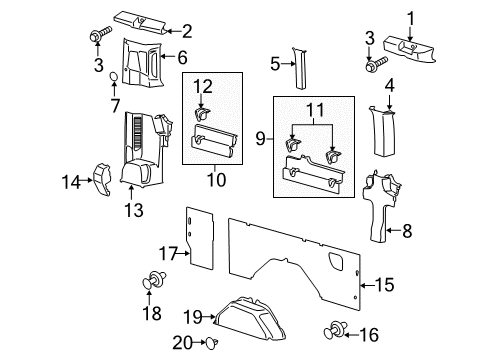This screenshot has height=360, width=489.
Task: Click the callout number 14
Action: pyautogui.click(x=71, y=181)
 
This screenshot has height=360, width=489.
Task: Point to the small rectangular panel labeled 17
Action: pyautogui.click(x=204, y=239)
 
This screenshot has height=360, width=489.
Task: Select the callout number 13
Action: pyautogui.click(x=132, y=209)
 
